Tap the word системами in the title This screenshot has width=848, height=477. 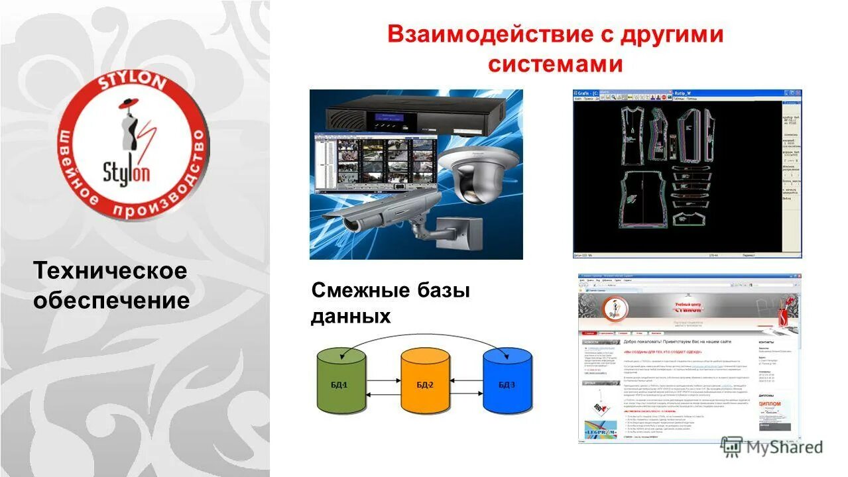[556, 65]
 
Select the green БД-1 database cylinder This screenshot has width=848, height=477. [341, 380]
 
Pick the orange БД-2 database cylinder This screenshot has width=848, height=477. [425, 380]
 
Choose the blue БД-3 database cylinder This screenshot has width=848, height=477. [507, 380]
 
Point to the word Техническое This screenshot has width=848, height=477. [110, 270]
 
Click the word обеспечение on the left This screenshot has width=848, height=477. [111, 300]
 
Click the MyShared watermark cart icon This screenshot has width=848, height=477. [731, 446]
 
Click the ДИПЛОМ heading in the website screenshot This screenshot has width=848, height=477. [768, 403]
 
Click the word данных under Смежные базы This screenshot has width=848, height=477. [350, 316]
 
